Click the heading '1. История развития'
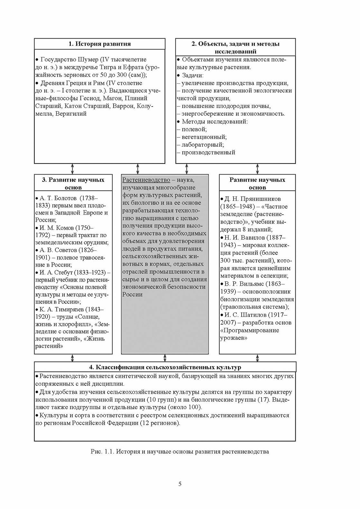(100, 44)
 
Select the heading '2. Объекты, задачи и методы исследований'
(235, 47)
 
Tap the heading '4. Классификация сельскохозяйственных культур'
(165, 367)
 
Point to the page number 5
(180, 484)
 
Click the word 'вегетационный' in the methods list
(204, 137)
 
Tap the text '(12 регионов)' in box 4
(160, 423)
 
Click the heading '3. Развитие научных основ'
(73, 183)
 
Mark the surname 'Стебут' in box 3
(64, 273)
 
